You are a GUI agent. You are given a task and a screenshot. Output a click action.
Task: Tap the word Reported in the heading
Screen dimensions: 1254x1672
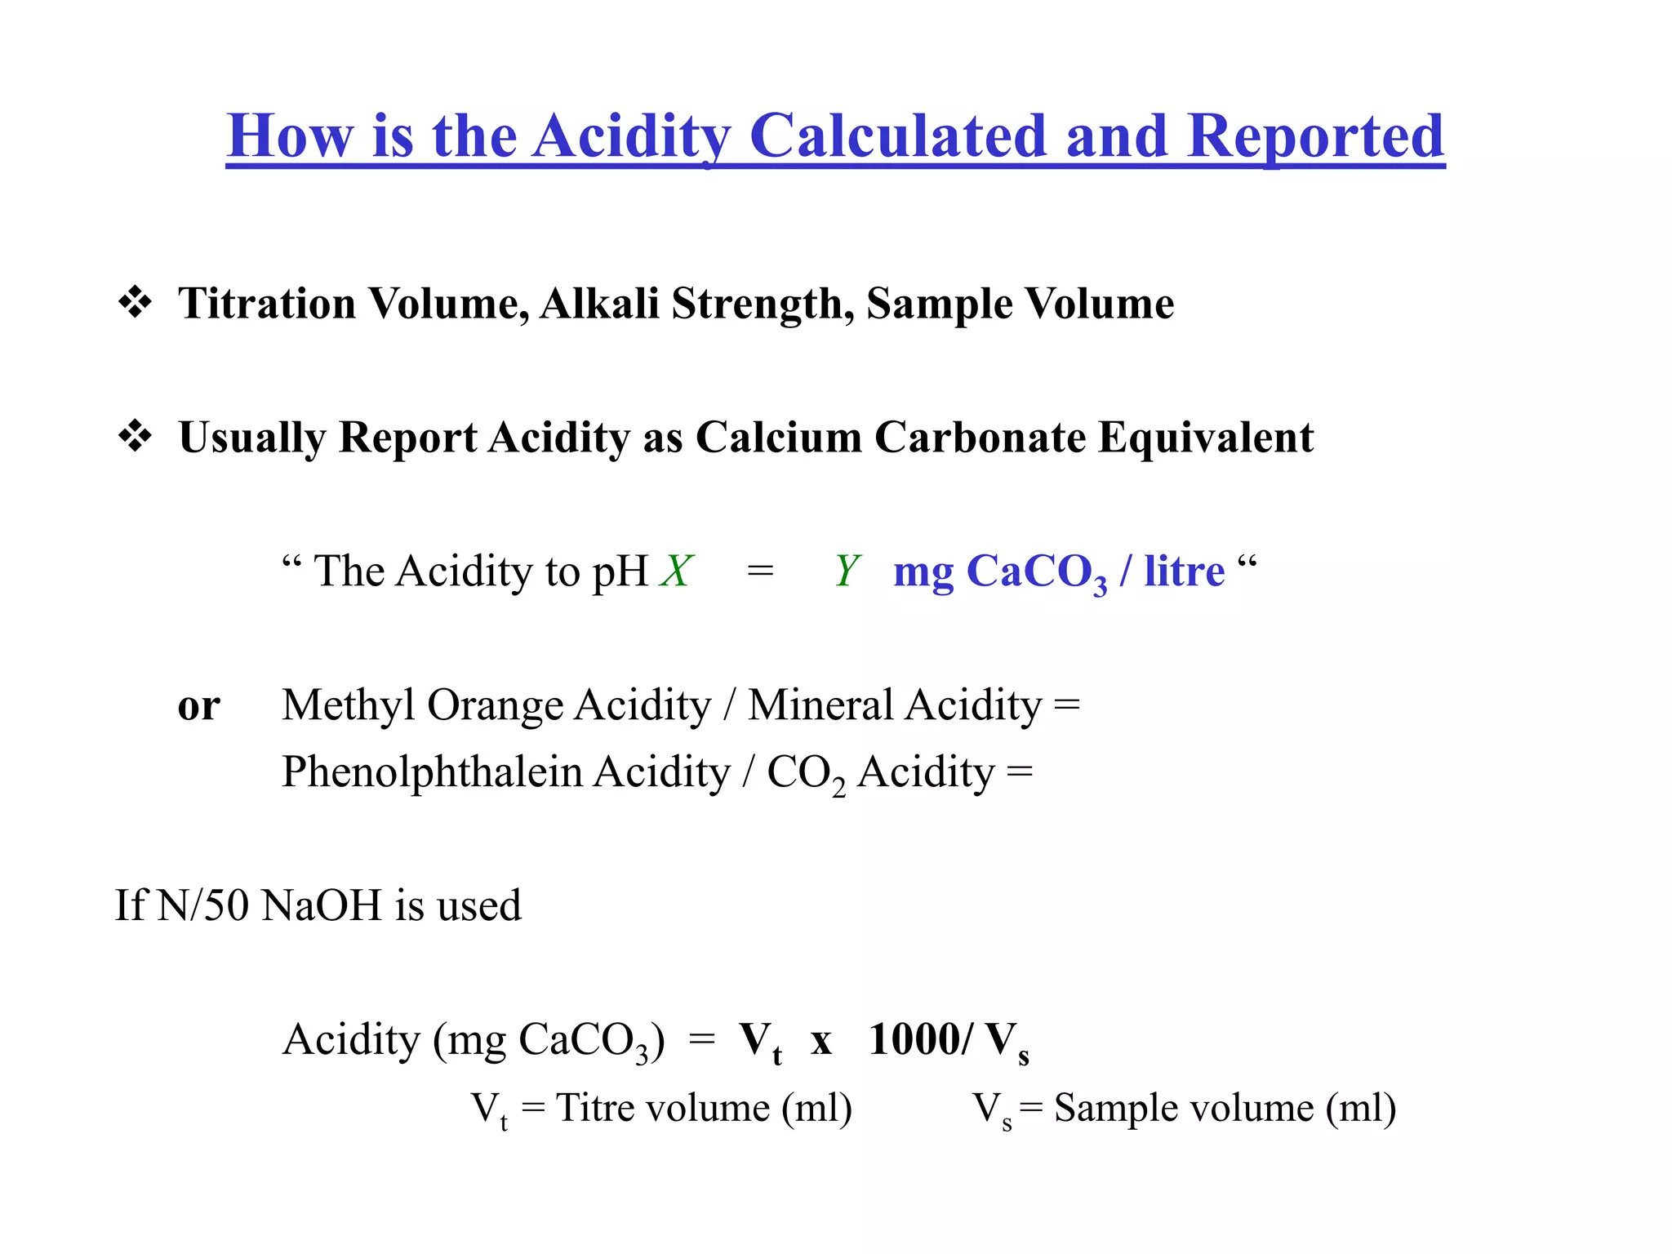[1315, 136]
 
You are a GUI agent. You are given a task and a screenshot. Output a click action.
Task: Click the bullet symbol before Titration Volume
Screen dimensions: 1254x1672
[136, 303]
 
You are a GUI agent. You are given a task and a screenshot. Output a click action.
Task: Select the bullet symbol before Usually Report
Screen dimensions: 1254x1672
[136, 437]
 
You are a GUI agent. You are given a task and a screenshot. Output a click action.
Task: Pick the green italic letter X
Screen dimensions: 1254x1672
[677, 571]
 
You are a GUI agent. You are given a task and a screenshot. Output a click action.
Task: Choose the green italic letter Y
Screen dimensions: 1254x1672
[847, 571]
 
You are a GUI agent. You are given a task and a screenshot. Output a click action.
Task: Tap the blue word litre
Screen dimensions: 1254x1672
[1184, 571]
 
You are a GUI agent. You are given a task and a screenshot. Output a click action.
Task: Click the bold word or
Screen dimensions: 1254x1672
[198, 706]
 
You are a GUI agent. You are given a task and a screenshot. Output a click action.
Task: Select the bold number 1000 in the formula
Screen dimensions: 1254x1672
[915, 1039]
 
